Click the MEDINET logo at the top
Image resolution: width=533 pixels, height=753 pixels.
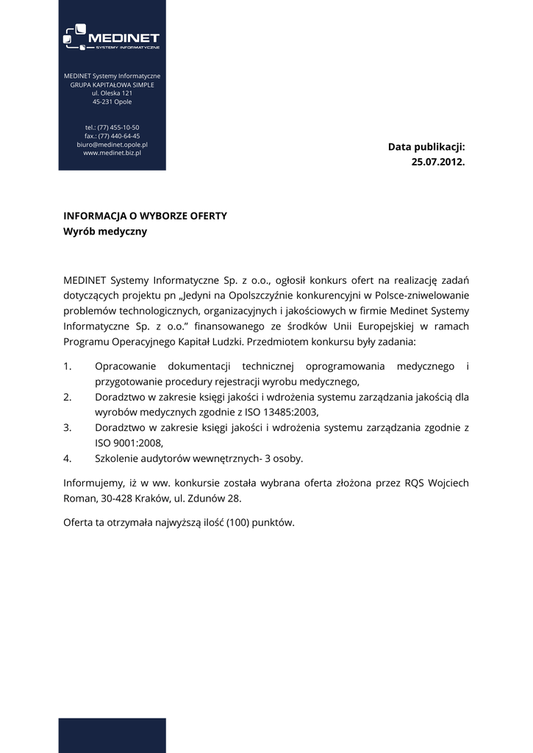point(112,38)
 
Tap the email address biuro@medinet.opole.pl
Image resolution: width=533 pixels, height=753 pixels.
point(112,145)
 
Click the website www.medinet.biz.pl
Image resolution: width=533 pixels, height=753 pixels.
point(112,154)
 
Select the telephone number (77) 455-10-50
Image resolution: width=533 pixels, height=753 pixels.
point(118,127)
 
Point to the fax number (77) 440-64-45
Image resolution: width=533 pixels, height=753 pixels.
point(118,136)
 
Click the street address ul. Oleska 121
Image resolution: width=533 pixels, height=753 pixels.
point(112,93)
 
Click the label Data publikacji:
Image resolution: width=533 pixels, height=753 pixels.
point(426,147)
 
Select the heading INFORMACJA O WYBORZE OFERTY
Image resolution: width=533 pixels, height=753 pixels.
point(145,216)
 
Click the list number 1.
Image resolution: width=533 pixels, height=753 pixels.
point(68,366)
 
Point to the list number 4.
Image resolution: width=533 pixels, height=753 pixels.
point(68,458)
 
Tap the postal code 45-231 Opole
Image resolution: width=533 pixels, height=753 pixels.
point(112,102)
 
